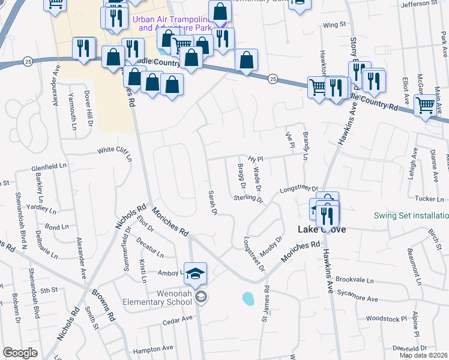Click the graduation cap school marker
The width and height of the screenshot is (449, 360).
click(x=196, y=274)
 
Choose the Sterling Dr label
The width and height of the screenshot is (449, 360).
click(x=249, y=198)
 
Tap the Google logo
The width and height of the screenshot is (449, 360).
click(x=20, y=353)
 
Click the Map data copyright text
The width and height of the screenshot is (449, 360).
click(x=424, y=355)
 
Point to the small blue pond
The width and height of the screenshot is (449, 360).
click(x=247, y=298)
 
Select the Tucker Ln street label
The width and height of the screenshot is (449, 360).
click(x=429, y=199)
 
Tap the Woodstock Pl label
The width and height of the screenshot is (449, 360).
click(x=387, y=317)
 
